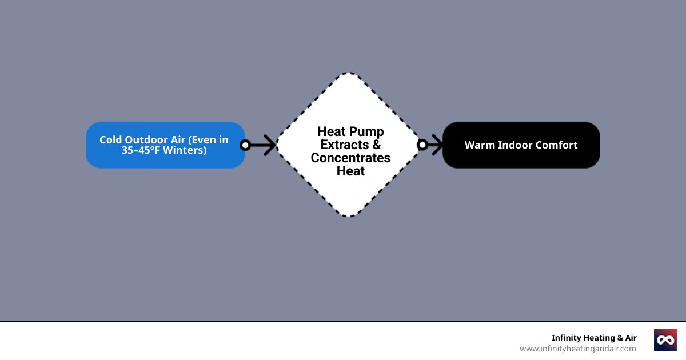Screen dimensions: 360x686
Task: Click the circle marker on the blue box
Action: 245,145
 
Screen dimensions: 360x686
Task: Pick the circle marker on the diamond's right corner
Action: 422,145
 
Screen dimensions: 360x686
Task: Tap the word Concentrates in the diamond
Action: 350,158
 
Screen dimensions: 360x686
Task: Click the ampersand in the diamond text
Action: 376,145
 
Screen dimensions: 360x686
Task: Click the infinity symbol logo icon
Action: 665,340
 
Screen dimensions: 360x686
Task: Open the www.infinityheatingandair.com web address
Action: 577,349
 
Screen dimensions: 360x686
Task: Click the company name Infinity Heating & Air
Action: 593,338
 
